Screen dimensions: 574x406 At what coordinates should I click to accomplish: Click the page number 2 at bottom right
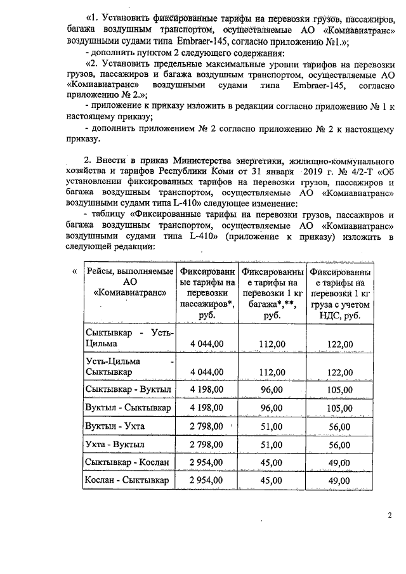[x=390, y=514]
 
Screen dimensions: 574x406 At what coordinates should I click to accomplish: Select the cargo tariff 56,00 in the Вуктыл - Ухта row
[x=339, y=426]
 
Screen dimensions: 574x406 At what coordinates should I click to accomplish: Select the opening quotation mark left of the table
[x=75, y=271]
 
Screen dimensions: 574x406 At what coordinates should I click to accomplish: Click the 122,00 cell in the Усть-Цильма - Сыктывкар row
[x=339, y=370]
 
